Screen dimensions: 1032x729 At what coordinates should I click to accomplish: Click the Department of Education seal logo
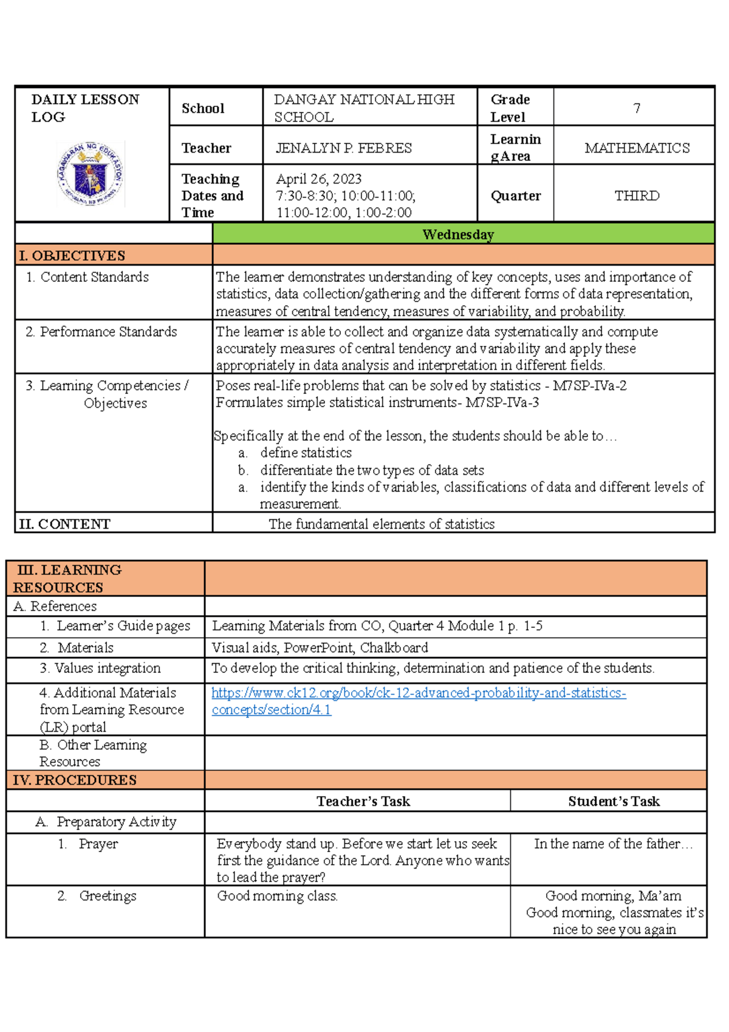tap(91, 174)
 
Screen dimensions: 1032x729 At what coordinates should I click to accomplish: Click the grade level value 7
tap(636, 108)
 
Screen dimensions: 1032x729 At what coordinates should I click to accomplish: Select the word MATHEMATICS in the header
tap(637, 148)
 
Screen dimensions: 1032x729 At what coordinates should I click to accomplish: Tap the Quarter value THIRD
tap(636, 196)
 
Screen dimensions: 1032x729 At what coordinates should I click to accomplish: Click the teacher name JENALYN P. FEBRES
tap(344, 148)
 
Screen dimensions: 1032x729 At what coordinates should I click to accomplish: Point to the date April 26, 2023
tap(318, 179)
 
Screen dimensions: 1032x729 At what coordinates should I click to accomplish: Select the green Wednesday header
tap(458, 235)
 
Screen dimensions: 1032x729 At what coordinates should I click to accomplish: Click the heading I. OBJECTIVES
tap(72, 256)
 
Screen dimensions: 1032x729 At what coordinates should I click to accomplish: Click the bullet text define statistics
tap(306, 453)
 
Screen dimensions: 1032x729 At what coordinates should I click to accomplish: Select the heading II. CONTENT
tap(64, 524)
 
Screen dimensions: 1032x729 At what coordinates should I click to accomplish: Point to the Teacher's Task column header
tap(363, 801)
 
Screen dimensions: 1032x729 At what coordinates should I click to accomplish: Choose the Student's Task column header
tap(614, 801)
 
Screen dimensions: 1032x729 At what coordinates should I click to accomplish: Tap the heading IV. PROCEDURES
tap(74, 780)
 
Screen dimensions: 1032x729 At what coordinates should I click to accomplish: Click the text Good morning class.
tap(277, 896)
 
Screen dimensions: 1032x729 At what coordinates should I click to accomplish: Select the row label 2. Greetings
tap(97, 896)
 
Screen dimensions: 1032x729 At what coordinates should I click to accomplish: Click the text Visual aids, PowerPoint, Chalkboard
tap(320, 647)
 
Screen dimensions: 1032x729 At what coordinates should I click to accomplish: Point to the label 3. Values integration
tap(100, 668)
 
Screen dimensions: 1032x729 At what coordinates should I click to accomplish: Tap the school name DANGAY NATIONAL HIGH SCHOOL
tap(364, 108)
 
